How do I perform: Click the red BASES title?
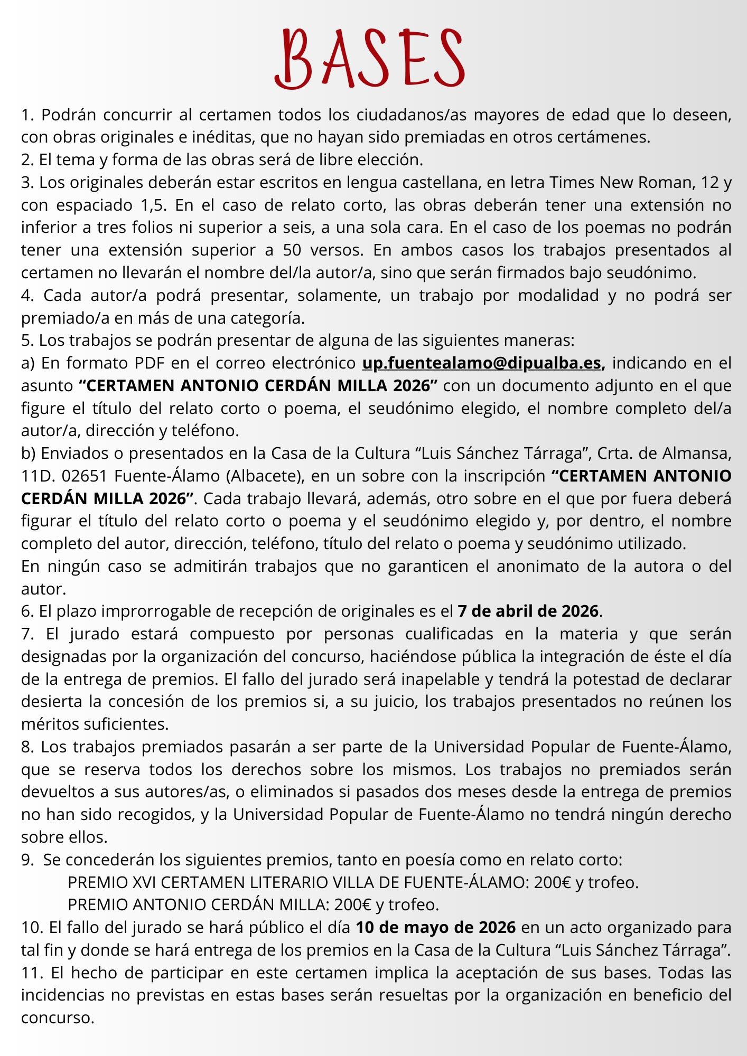pyautogui.click(x=370, y=58)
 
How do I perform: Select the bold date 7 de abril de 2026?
pyautogui.click(x=528, y=611)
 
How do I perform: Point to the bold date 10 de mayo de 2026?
pyautogui.click(x=435, y=928)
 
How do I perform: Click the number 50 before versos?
pyautogui.click(x=292, y=250)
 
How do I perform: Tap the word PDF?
pyautogui.click(x=147, y=363)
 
